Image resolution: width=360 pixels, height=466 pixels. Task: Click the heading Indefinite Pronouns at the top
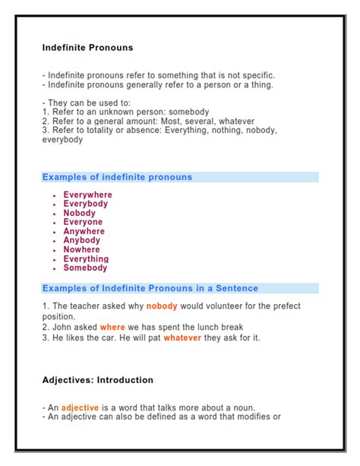pos(87,47)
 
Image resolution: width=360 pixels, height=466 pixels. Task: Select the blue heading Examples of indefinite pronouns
pos(117,177)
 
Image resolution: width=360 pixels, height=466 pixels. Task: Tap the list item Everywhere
pos(87,195)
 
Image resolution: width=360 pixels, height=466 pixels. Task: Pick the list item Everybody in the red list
pos(86,204)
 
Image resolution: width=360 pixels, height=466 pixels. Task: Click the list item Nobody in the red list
pos(80,213)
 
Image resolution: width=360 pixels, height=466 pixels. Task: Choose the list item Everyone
pos(83,222)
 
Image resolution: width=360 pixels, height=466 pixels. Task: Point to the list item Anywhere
pos(84,231)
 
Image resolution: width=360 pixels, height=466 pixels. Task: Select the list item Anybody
pos(81,240)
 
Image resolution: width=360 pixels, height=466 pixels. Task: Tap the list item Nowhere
pos(81,249)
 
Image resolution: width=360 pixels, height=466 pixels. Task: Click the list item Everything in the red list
pos(86,258)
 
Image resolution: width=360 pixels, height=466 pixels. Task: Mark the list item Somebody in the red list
pos(85,268)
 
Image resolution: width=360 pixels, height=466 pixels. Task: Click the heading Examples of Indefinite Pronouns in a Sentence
pos(150,288)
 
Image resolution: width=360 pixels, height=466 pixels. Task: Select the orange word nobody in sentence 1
pos(162,306)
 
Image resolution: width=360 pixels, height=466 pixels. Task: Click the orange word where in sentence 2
pos(112,327)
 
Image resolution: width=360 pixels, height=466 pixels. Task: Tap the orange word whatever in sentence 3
pos(182,338)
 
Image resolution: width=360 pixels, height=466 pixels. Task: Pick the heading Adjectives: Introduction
pos(97,379)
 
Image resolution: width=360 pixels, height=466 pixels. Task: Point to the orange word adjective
pos(81,407)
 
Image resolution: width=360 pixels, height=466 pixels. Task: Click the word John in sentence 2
pos(63,327)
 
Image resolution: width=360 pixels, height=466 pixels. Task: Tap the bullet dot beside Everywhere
pos(55,196)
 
